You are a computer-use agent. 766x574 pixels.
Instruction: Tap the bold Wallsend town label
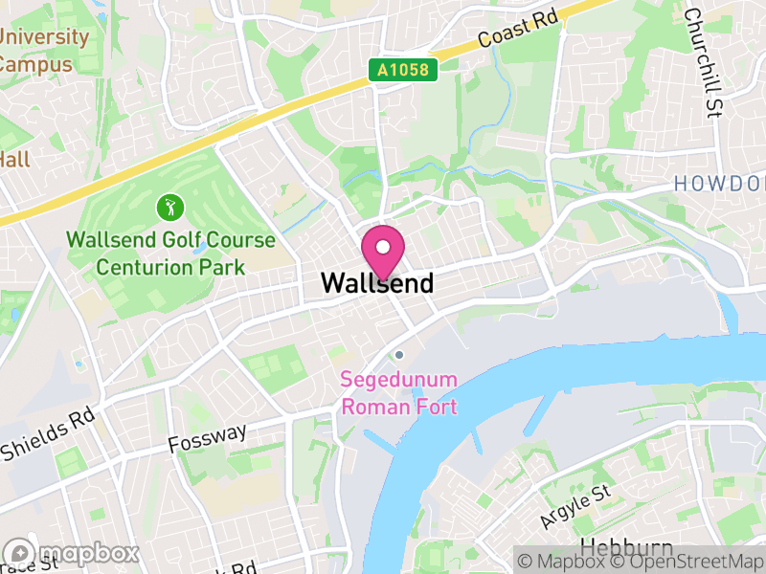tap(377, 283)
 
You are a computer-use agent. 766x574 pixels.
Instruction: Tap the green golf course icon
tap(169, 206)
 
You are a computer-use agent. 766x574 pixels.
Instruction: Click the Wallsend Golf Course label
tap(170, 241)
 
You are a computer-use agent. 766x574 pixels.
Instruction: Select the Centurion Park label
tap(170, 267)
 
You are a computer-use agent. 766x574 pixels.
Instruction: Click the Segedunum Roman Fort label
tap(399, 393)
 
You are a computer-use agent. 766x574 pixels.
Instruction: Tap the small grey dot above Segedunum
tap(399, 355)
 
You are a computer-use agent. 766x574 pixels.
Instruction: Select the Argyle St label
tap(574, 507)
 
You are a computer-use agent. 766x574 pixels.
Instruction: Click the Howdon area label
tap(720, 183)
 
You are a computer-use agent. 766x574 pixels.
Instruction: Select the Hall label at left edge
tap(14, 159)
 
